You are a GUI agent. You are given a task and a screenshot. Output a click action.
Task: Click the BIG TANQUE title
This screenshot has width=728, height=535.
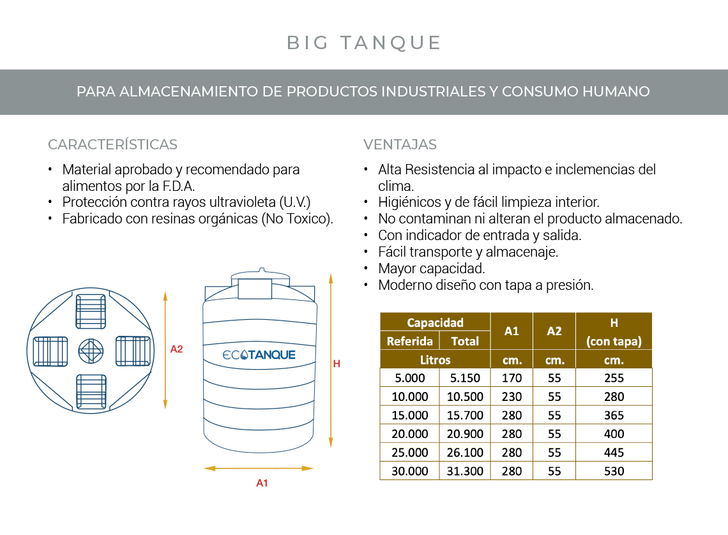[364, 43]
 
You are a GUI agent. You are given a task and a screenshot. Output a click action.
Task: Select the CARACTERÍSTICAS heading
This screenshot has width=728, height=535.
[112, 144]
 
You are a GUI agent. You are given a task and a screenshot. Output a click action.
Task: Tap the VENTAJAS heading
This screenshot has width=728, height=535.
[400, 144]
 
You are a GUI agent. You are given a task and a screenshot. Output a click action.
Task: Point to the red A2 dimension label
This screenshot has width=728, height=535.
[177, 349]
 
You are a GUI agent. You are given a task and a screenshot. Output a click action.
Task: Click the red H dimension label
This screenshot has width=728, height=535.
[337, 364]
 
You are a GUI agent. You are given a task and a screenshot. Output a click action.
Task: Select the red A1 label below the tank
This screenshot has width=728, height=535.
[262, 483]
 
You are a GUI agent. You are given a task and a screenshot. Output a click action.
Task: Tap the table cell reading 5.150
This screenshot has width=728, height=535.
[465, 378]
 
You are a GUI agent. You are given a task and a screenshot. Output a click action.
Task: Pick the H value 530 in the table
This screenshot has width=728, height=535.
[614, 471]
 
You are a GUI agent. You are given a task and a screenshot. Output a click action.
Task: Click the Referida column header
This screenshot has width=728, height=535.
[410, 341]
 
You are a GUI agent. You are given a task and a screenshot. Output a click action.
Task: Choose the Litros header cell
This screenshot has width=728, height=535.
[435, 359]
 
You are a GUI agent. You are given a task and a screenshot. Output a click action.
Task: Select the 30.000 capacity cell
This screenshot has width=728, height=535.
[409, 471]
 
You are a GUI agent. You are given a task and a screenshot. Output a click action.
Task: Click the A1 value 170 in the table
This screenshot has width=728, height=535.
[512, 378]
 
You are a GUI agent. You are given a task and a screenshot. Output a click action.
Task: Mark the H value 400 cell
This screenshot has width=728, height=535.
[614, 434]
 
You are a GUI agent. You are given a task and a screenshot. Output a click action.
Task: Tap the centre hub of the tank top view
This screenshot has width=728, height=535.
[91, 350]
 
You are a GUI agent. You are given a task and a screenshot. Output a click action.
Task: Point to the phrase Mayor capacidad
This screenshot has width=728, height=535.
[432, 268]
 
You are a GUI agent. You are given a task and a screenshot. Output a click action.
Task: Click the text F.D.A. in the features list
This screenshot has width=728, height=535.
[177, 186]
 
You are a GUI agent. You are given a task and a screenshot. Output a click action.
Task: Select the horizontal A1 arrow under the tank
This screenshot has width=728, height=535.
[259, 469]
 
